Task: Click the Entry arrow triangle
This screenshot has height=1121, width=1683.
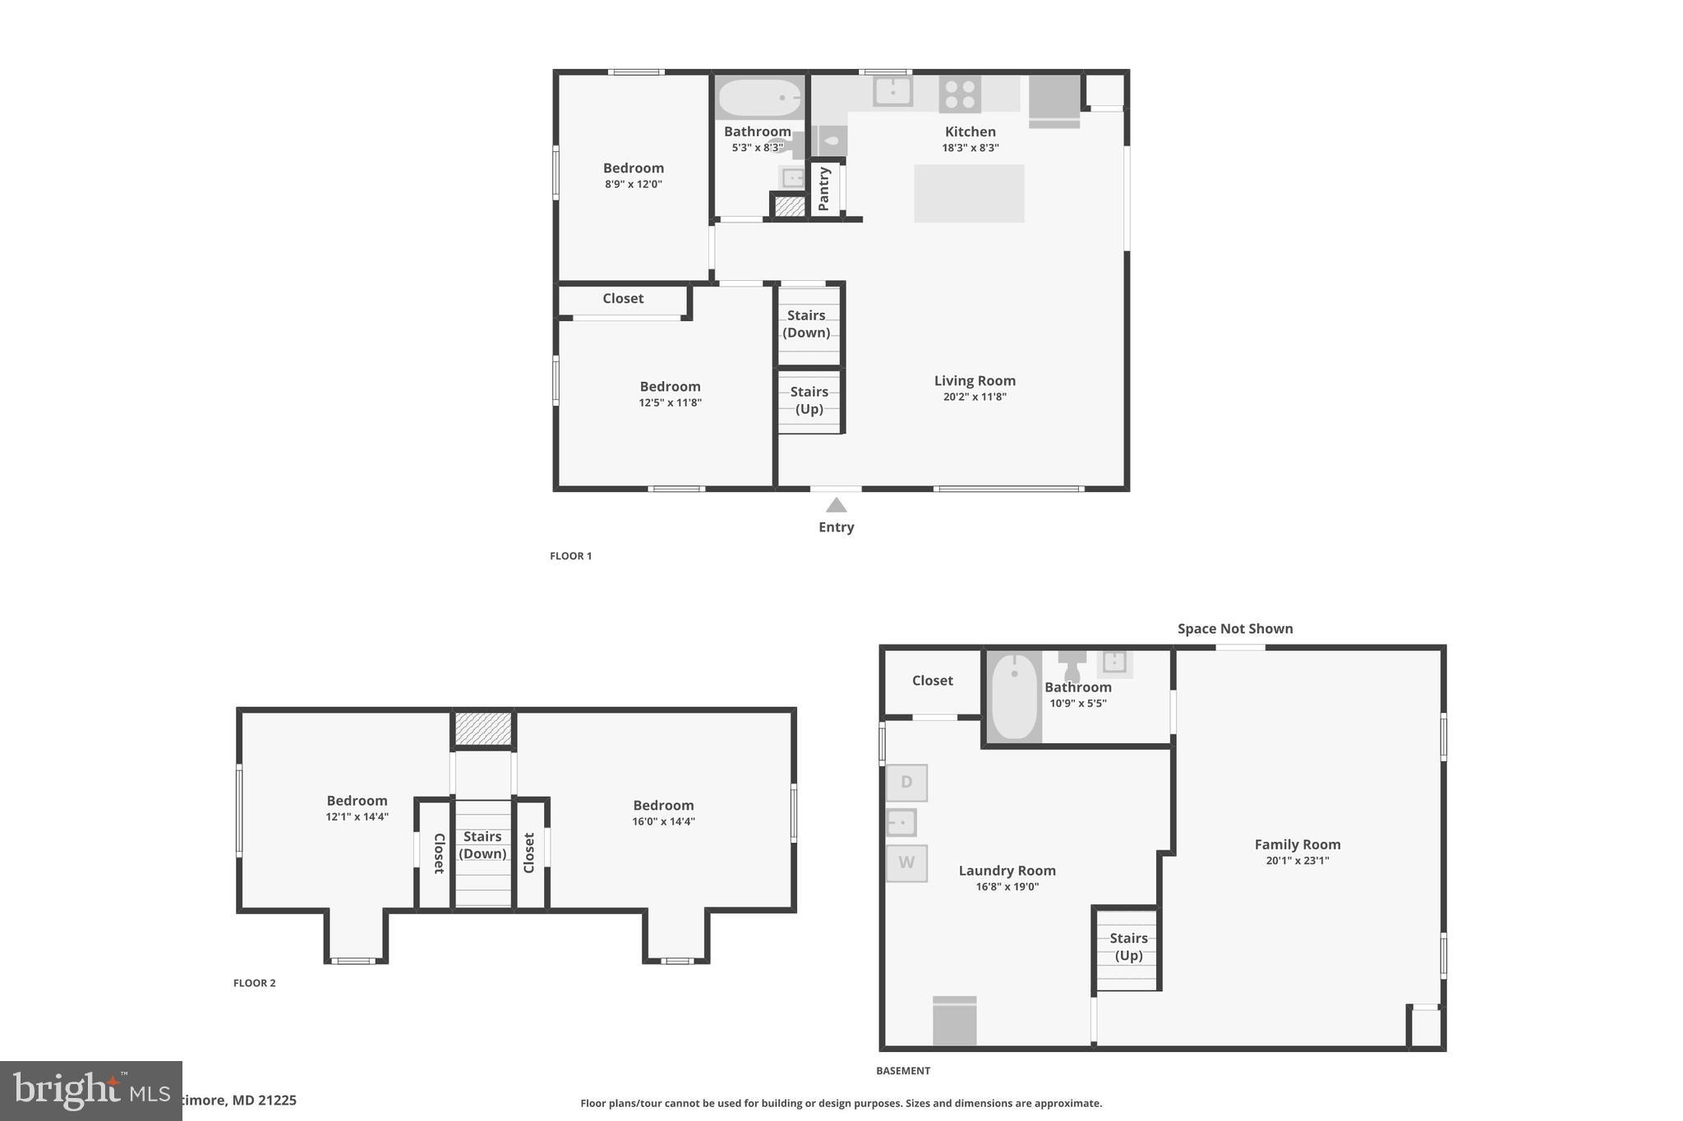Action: click(836, 505)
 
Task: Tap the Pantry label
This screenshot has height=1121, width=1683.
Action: click(824, 188)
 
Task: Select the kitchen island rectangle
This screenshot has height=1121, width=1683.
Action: click(969, 193)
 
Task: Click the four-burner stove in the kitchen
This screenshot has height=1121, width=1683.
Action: click(960, 94)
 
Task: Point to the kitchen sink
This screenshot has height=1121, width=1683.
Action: click(892, 90)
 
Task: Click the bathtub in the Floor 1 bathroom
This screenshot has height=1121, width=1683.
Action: click(759, 98)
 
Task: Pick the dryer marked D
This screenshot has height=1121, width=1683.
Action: click(906, 783)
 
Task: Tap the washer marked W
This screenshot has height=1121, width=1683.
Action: click(906, 863)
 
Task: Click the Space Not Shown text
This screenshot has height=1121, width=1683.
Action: click(1234, 629)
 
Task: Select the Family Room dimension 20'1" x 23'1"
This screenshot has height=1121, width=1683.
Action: click(1297, 861)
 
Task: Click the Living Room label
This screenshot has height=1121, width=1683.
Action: click(975, 381)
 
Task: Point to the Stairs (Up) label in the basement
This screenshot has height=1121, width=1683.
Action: click(1128, 946)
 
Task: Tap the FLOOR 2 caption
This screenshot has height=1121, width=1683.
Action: click(254, 983)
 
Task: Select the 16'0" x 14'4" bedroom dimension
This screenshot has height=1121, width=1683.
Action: click(663, 821)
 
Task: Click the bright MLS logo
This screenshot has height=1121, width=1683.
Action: click(90, 1091)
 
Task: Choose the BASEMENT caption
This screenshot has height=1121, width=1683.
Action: click(902, 1071)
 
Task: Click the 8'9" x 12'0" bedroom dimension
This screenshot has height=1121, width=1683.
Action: click(633, 184)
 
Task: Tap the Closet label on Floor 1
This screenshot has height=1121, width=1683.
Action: click(623, 299)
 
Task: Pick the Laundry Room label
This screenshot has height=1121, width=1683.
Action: click(1007, 871)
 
